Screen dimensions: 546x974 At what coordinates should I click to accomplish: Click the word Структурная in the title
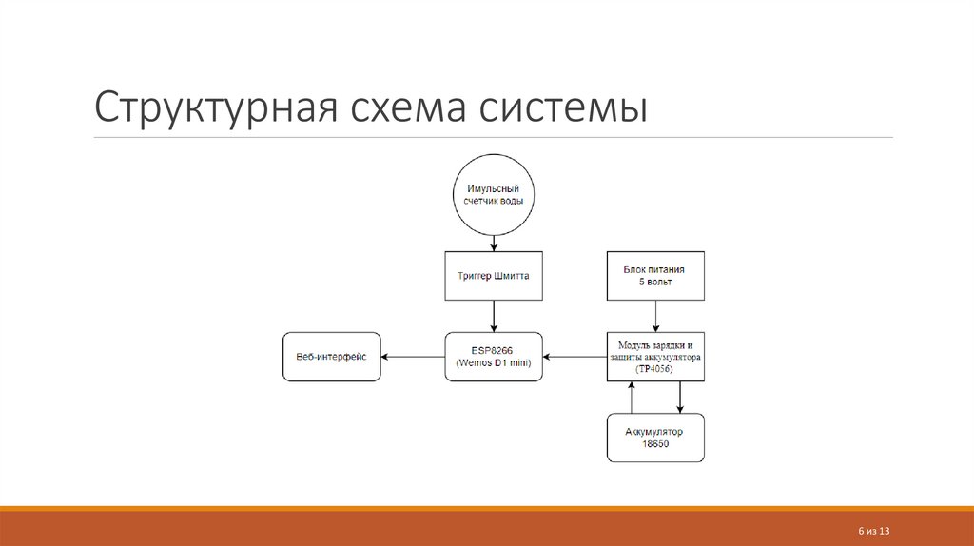point(210,107)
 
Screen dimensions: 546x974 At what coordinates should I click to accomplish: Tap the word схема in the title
point(404,107)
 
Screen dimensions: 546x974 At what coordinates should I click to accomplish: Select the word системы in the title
point(565,107)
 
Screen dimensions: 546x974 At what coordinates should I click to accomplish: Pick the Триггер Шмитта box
point(493,276)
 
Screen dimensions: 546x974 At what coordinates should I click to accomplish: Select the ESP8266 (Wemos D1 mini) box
point(493,357)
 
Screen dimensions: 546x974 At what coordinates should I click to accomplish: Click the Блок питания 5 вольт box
point(655,276)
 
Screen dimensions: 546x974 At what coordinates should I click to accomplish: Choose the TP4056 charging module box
point(655,357)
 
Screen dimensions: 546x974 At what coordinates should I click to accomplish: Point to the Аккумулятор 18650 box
point(655,438)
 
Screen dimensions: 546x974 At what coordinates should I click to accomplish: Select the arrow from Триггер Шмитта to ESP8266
point(493,316)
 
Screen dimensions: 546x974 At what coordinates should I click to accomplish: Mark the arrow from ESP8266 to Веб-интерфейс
point(413,357)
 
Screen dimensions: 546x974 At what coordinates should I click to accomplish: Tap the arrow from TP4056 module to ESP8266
point(575,357)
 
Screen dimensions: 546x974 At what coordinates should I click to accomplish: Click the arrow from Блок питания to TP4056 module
point(655,316)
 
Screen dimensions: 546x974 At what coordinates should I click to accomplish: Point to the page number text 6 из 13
point(872,530)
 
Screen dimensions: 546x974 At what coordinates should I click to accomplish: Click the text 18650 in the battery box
point(655,444)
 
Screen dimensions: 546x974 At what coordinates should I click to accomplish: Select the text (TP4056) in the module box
point(655,370)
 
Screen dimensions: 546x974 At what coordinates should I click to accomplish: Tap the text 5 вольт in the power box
point(655,283)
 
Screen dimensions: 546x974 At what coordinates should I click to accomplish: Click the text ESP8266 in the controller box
point(493,349)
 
